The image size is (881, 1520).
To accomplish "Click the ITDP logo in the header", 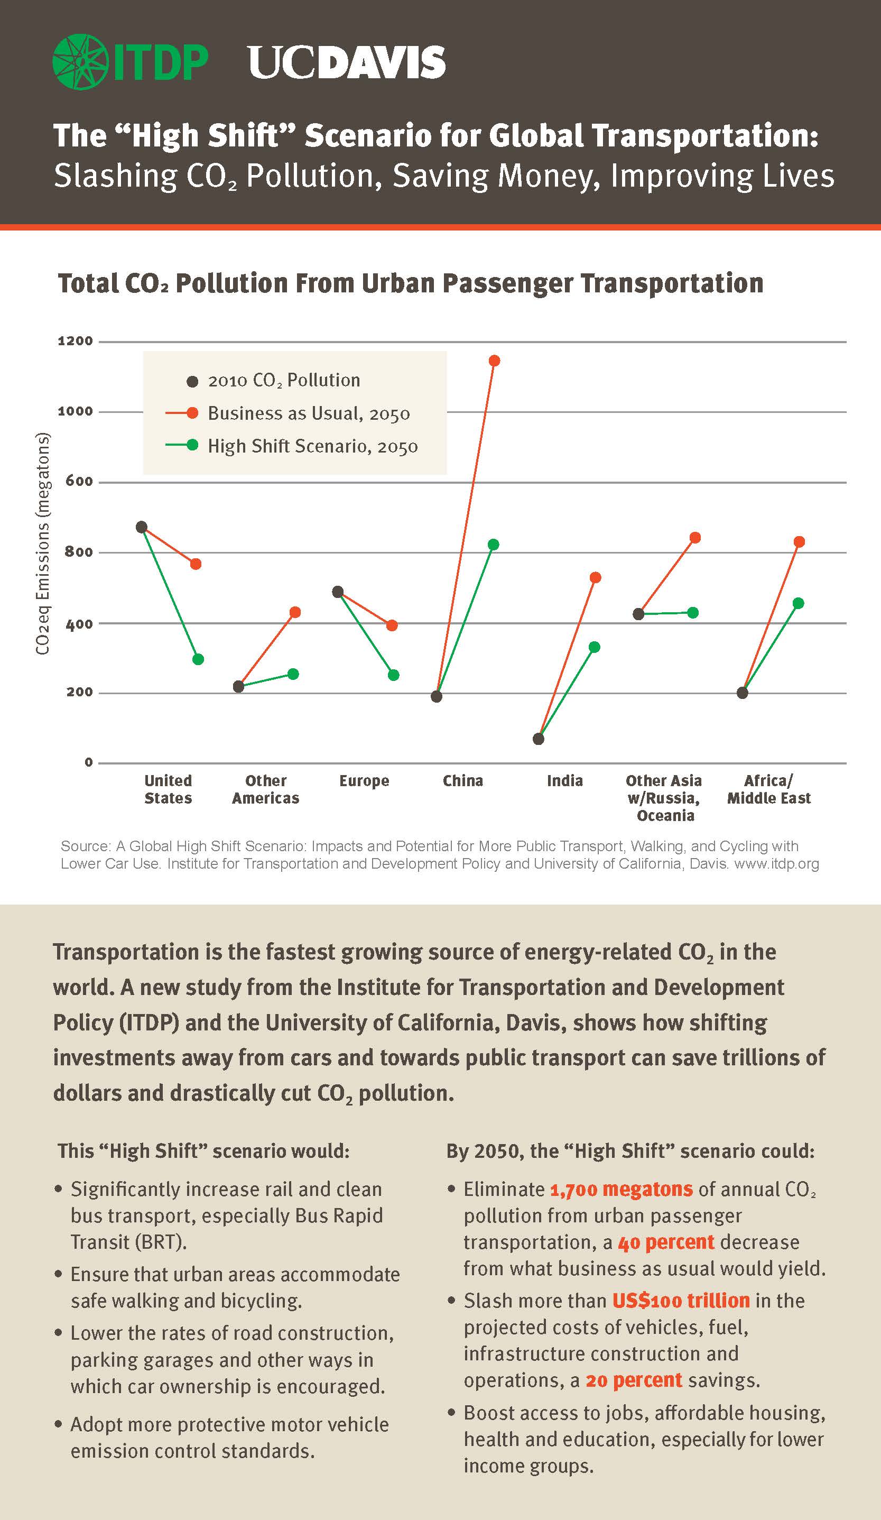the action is click(x=130, y=62).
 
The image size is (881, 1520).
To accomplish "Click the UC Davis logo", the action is click(x=347, y=63).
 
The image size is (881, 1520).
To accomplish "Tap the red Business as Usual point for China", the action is click(x=494, y=361).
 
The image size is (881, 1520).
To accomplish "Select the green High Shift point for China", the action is click(x=493, y=545).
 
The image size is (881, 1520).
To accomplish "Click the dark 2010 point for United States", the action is click(x=142, y=527).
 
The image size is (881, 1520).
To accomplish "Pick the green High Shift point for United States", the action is click(x=198, y=659).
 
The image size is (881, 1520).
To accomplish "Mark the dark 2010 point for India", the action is click(x=539, y=739).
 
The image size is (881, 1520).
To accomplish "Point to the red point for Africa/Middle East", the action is click(x=799, y=542).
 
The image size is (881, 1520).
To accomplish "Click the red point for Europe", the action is click(x=392, y=625).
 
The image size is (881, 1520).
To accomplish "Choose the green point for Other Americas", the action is click(x=293, y=674).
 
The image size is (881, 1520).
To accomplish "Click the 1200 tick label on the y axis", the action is click(x=76, y=341).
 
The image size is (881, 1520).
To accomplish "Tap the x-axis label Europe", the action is click(x=364, y=780).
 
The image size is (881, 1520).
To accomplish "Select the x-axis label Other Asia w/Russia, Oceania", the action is click(x=664, y=798).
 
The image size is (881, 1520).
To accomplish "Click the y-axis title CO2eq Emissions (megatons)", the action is click(x=42, y=543).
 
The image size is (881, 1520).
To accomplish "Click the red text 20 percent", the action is click(x=634, y=1379).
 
